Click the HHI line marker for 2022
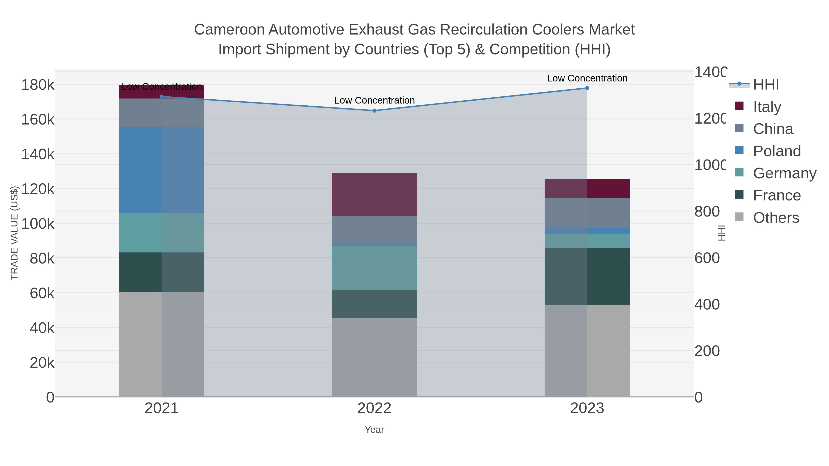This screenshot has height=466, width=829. (374, 111)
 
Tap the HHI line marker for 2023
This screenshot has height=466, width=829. (587, 88)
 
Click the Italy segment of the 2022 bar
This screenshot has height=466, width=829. (374, 194)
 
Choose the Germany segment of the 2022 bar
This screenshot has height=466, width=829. (374, 268)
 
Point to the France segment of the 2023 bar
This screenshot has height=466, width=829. (587, 277)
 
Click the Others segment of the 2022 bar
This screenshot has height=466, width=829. (374, 357)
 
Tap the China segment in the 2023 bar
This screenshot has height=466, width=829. (587, 213)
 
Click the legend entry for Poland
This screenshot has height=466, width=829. (776, 151)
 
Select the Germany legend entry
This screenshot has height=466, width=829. (784, 173)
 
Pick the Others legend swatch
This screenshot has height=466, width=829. (739, 217)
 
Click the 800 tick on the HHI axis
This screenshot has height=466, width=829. (707, 212)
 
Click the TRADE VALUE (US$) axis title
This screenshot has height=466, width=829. (14, 233)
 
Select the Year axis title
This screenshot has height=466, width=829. (374, 430)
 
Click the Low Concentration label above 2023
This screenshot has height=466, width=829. (587, 78)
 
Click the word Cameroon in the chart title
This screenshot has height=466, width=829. (229, 30)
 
